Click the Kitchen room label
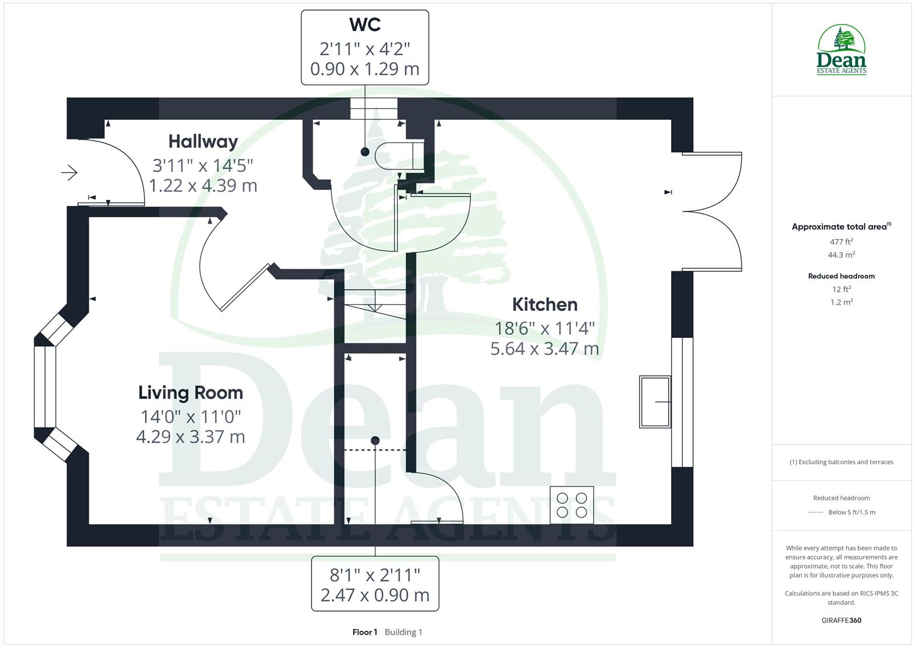tap(544, 304)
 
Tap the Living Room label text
tap(191, 392)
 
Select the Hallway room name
tap(203, 141)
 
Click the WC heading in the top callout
tap(364, 25)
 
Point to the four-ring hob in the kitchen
tap(572, 504)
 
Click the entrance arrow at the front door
tap(70, 173)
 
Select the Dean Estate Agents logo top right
tap(841, 50)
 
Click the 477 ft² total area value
tap(841, 241)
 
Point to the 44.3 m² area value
tap(841, 255)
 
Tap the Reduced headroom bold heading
tap(841, 276)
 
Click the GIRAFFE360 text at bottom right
tap(841, 620)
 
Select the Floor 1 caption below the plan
tap(365, 632)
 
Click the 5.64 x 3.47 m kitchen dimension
tap(544, 349)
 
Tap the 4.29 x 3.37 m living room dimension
tap(191, 437)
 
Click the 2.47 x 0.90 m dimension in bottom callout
tap(375, 595)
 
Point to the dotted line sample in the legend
tap(816, 512)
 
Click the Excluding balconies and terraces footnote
tap(841, 462)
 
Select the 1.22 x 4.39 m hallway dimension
tap(203, 186)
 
